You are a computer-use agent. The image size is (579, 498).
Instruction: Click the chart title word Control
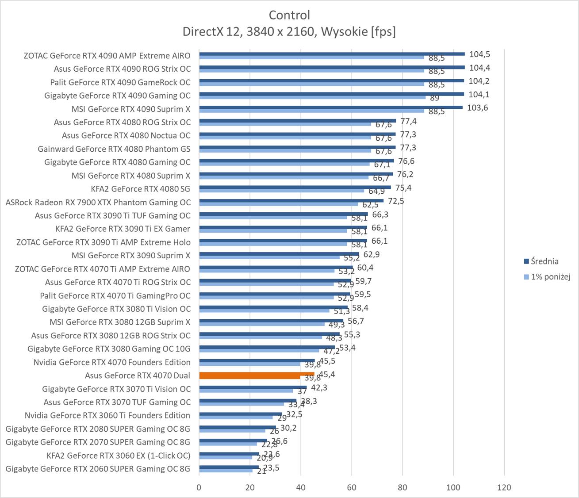(289, 15)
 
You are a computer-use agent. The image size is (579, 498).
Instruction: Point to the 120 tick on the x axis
(504, 487)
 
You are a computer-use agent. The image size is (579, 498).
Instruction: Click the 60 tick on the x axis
(352, 487)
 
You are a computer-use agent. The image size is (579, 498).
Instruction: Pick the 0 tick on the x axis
(199, 487)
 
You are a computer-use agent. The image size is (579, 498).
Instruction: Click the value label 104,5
(479, 54)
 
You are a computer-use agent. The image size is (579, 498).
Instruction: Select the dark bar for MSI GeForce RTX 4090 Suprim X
(330, 107)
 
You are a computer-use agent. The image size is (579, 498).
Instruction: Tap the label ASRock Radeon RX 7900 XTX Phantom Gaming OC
(98, 202)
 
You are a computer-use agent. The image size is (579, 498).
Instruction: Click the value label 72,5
(396, 201)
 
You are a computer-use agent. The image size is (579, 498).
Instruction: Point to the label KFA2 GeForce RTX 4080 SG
(141, 189)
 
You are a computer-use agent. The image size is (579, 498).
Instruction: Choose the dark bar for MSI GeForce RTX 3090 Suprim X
(279, 254)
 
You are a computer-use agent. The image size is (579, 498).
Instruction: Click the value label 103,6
(477, 107)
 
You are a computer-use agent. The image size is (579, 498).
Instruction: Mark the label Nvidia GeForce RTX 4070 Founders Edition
(112, 362)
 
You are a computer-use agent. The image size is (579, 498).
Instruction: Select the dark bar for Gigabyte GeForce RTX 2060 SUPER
(229, 467)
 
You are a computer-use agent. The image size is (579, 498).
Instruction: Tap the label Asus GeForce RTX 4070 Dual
(138, 375)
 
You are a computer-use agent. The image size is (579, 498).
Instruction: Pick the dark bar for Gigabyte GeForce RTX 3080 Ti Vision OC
(273, 307)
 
